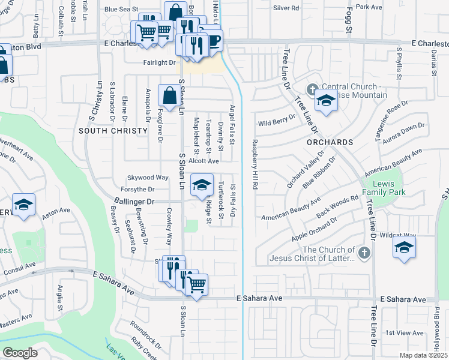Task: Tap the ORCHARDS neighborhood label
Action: click(330, 142)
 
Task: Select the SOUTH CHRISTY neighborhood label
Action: click(113, 130)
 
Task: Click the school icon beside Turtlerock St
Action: click(202, 185)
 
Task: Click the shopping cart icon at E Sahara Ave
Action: click(196, 285)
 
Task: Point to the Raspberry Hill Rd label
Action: click(255, 165)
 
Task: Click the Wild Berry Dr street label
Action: click(276, 123)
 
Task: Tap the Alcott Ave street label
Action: click(203, 161)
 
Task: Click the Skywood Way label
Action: click(148, 178)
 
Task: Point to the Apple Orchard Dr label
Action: click(314, 229)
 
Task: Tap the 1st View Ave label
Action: click(400, 332)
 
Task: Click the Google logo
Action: click(20, 352)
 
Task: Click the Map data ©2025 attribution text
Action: click(423, 355)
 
